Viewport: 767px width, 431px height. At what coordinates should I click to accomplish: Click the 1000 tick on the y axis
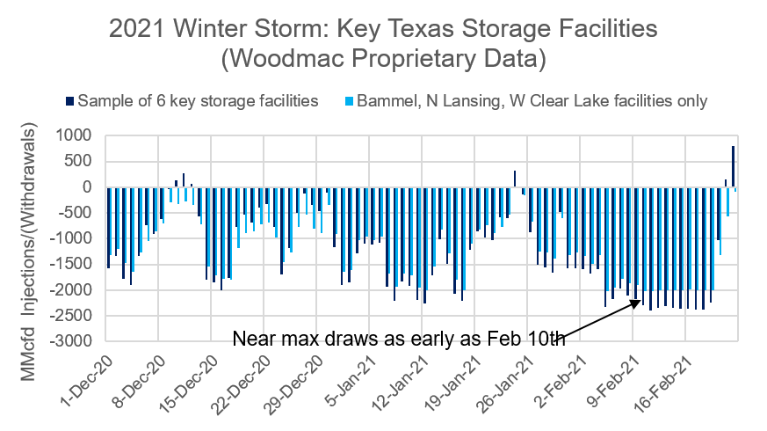click(x=75, y=135)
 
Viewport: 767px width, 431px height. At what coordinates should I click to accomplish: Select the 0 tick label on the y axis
click(x=86, y=186)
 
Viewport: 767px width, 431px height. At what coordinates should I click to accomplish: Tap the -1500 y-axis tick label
click(x=71, y=264)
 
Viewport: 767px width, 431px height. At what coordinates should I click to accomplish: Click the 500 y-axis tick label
click(x=78, y=161)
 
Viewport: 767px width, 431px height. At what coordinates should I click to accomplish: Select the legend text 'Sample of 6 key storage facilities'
click(x=198, y=100)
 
